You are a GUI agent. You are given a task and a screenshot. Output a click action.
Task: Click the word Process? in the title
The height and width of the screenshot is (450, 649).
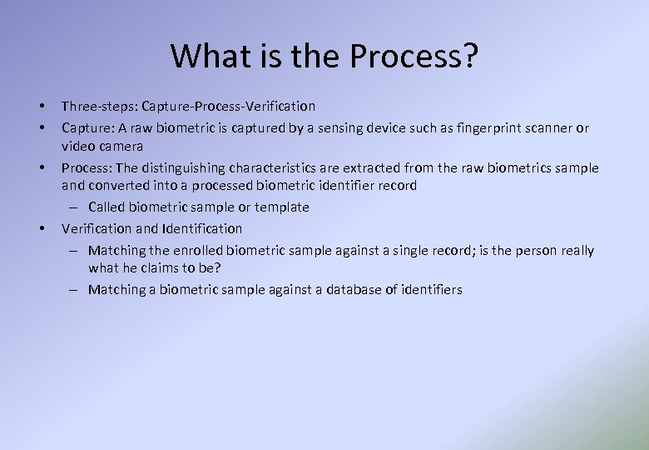tap(414, 56)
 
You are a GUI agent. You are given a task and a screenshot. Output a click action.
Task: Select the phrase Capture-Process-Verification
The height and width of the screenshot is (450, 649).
tap(229, 107)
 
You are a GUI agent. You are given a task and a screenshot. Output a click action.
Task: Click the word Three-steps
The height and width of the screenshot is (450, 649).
tap(99, 107)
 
